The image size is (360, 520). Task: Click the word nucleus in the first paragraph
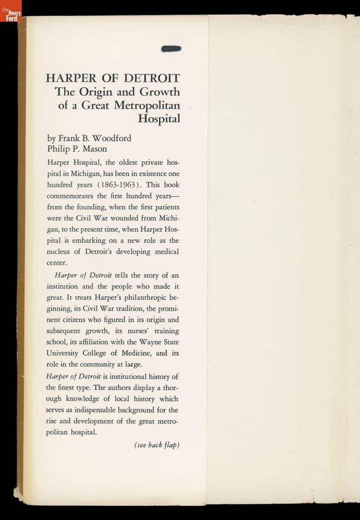59,252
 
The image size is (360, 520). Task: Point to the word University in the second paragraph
64,354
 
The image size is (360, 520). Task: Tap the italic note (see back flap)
157,445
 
